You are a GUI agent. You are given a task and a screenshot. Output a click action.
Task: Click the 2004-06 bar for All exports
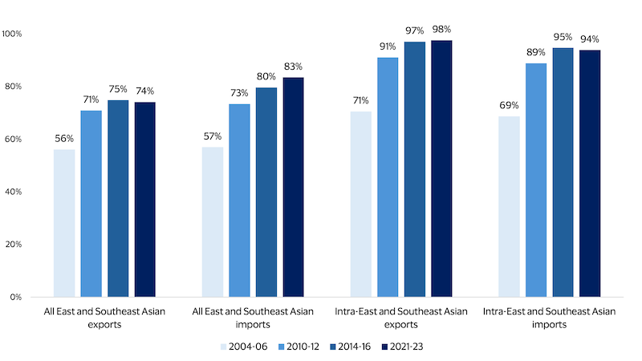point(64,223)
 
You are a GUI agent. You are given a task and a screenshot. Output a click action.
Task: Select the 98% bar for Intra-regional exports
point(441,168)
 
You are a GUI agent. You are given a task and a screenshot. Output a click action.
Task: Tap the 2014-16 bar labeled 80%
point(266,192)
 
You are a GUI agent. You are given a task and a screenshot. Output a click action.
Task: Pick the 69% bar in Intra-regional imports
point(509,206)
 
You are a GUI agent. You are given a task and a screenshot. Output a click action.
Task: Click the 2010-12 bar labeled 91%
point(388,177)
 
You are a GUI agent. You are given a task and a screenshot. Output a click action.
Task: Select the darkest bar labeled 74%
point(145,199)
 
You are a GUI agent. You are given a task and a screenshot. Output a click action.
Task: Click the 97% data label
point(415,31)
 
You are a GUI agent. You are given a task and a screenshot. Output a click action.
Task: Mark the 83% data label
point(294,67)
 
